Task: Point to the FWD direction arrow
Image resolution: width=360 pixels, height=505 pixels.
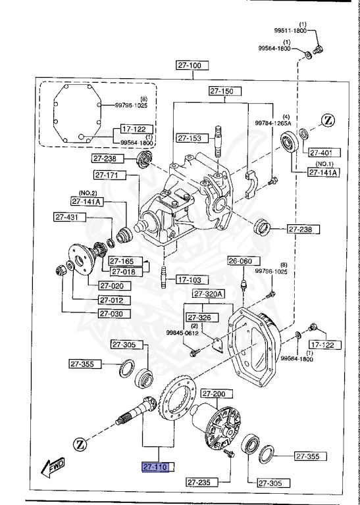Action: (x=52, y=468)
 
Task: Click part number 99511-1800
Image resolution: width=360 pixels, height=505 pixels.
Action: (x=292, y=31)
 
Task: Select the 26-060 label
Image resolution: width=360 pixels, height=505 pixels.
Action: (x=240, y=261)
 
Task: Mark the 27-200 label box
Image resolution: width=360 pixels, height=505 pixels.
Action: (x=213, y=394)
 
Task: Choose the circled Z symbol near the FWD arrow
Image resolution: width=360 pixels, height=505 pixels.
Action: (x=80, y=444)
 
